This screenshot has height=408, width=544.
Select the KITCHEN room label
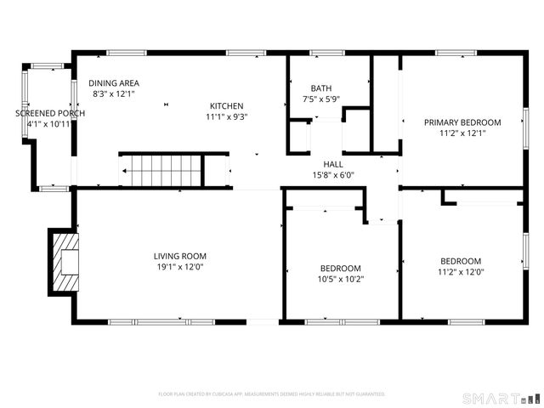(x=227, y=106)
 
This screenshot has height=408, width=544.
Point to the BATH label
(x=320, y=88)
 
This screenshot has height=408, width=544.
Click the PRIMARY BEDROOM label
(x=462, y=122)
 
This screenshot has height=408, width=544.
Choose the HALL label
(x=332, y=164)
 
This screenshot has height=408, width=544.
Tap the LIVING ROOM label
(x=179, y=256)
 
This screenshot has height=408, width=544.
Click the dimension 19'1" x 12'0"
(x=179, y=267)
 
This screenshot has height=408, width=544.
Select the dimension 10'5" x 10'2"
(x=340, y=279)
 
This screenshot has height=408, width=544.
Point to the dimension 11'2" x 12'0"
(x=460, y=272)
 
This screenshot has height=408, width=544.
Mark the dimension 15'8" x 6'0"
(x=332, y=175)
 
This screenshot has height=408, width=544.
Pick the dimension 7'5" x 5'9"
(x=320, y=99)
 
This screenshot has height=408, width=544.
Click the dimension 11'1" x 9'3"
(x=227, y=117)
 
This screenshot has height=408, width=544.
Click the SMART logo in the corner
(x=500, y=398)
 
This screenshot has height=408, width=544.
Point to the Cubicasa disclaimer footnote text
(x=272, y=394)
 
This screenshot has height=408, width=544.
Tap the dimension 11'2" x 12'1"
(x=462, y=133)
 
